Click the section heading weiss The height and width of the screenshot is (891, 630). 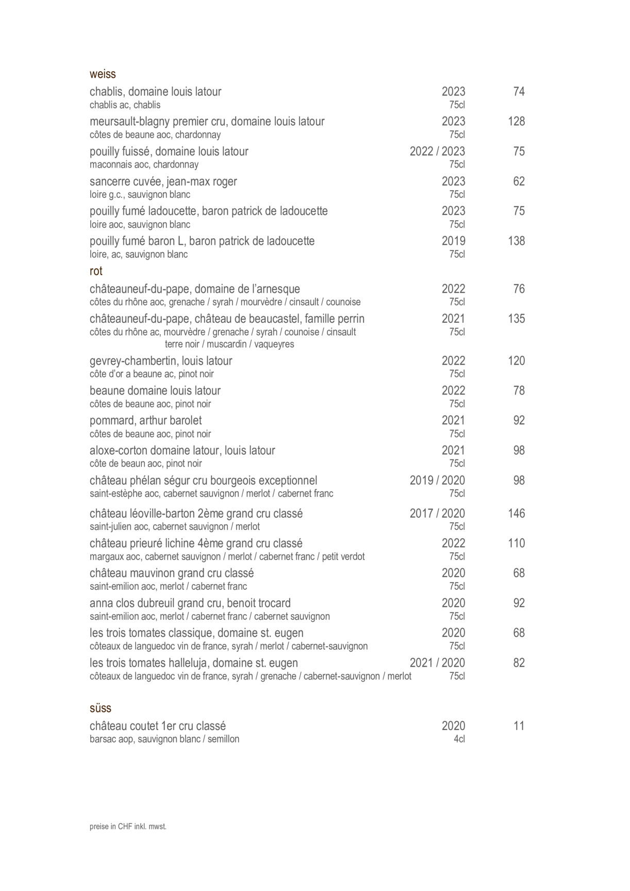[103, 74]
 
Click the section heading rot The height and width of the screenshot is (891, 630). [96, 271]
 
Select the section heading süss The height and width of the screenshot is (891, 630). [100, 708]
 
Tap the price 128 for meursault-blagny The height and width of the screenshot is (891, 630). [516, 122]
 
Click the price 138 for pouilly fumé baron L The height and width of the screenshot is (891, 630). [516, 241]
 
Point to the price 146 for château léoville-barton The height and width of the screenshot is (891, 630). [516, 514]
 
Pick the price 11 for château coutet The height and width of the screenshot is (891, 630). [519, 726]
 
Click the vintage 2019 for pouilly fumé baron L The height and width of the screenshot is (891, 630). [453, 241]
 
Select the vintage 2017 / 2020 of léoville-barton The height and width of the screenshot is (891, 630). [437, 514]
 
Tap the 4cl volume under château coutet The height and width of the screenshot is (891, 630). [459, 739]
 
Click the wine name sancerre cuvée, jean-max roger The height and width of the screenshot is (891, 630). [163, 181]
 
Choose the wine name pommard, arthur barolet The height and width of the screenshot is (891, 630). [145, 421]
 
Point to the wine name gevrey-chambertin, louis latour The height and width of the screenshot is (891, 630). [161, 361]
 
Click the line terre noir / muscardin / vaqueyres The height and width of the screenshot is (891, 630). [229, 344]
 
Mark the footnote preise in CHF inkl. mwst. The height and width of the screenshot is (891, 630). [128, 827]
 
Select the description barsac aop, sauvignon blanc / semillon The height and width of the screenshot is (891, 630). [164, 739]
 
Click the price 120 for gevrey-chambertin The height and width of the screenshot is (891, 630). [516, 361]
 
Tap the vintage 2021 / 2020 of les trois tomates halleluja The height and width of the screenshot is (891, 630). [437, 663]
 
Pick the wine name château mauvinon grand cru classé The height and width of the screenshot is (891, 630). [172, 573]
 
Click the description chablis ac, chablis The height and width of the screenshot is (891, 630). [125, 105]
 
